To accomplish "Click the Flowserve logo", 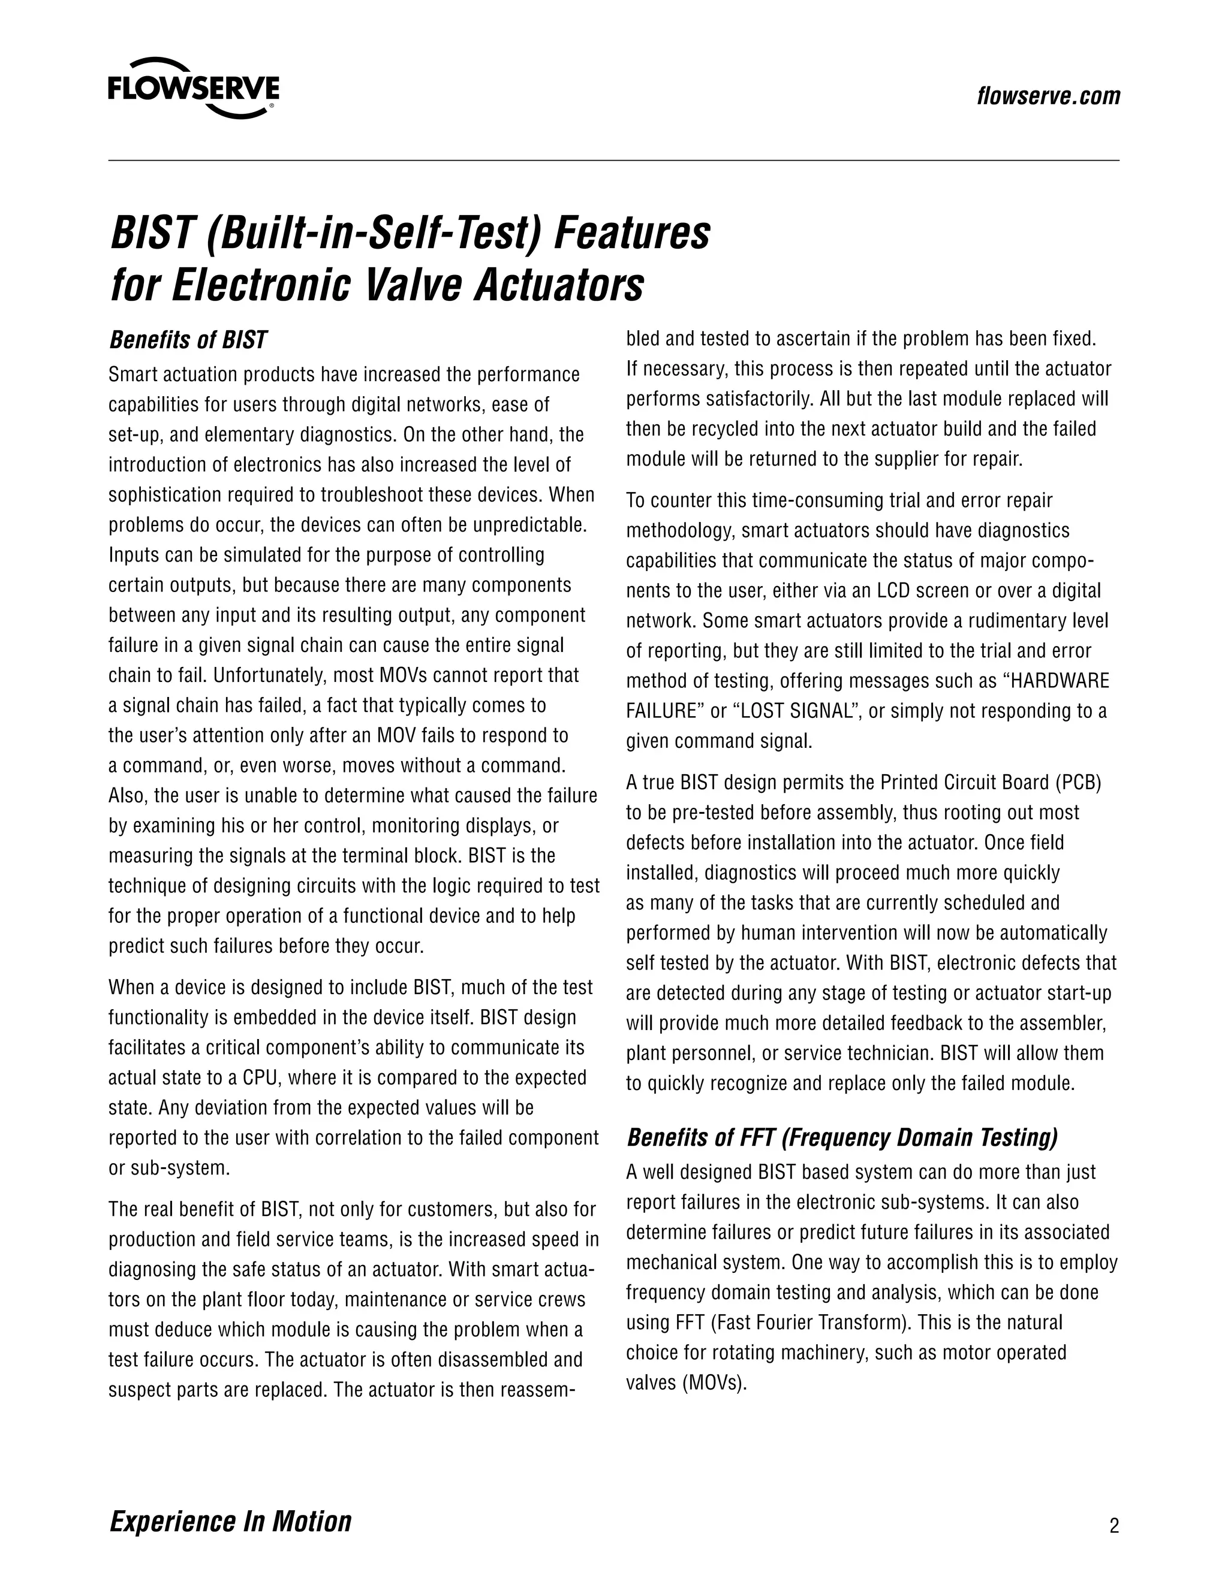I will (193, 89).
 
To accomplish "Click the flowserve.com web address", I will (1048, 96).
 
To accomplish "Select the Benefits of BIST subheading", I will (188, 340).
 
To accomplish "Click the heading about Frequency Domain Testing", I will (842, 1137).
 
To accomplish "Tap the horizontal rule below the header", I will (613, 160).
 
